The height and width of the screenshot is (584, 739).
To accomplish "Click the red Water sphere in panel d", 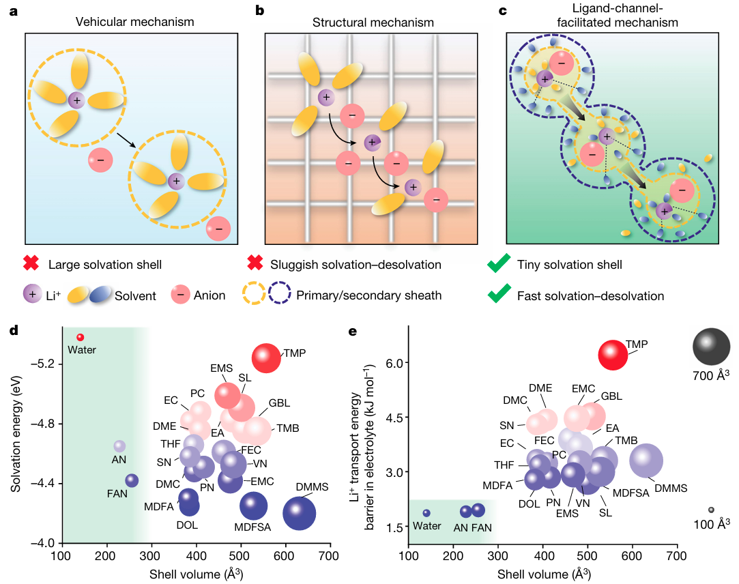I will coord(80,337).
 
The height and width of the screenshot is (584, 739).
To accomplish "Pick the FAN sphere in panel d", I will coord(132,480).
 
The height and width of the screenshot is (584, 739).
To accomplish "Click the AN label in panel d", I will coord(119,459).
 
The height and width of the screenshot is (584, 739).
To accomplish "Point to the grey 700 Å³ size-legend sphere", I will coord(712,347).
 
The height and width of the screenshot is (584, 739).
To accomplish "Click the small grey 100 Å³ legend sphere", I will coord(711,510).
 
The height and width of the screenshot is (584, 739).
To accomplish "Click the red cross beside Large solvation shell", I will coord(30,263).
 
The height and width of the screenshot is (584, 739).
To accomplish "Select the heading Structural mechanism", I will coord(373,22).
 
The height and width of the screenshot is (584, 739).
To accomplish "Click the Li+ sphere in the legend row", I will coord(31,295).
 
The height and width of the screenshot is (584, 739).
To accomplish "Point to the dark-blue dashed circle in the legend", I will coord(280,295).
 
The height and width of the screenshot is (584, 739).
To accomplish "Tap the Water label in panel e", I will coord(427,527).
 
